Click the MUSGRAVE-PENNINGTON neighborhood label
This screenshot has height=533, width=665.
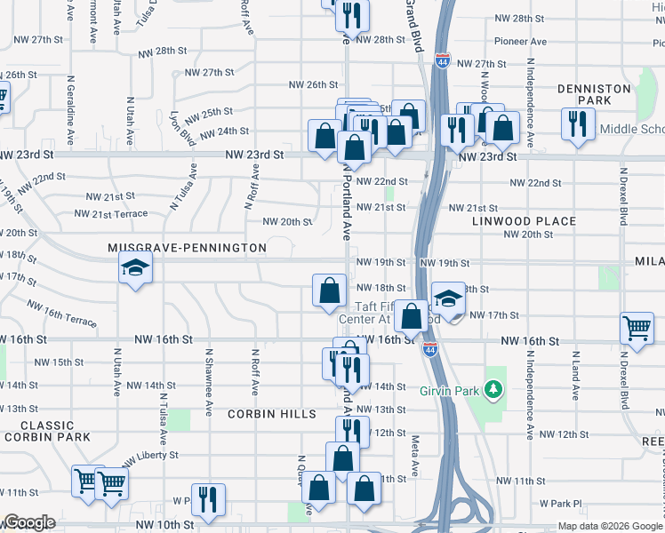click(187, 248)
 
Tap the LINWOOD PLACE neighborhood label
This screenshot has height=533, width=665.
click(524, 220)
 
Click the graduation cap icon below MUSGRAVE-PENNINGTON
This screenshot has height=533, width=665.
click(135, 268)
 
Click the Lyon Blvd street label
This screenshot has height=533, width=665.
click(181, 126)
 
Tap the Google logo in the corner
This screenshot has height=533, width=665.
click(29, 522)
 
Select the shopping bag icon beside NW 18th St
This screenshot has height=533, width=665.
click(329, 290)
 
